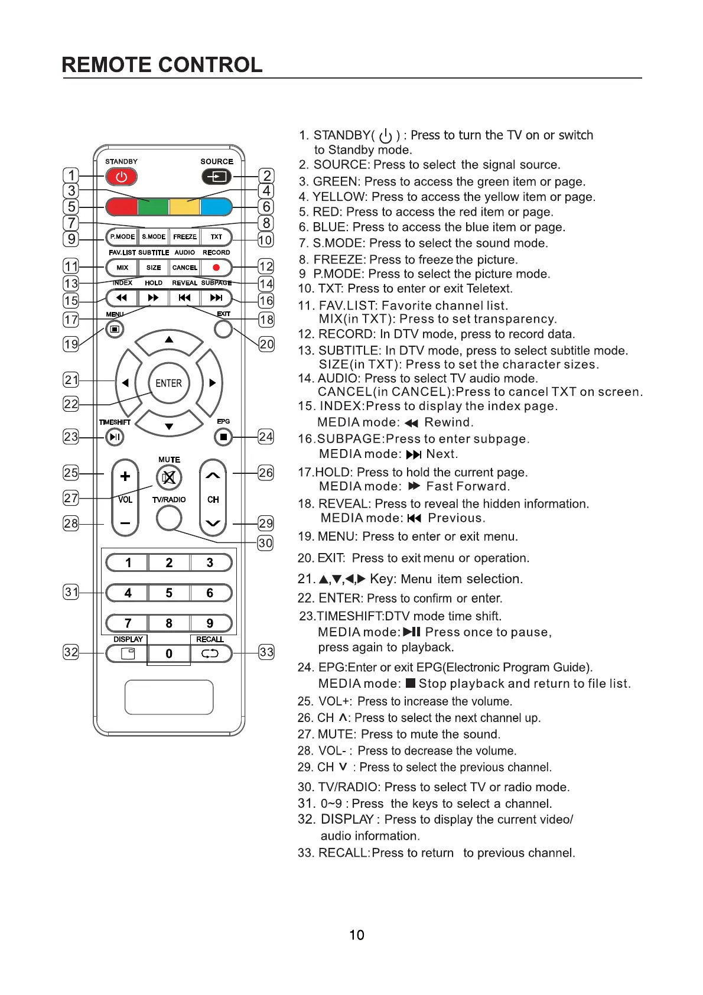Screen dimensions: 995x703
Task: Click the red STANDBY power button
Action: (121, 177)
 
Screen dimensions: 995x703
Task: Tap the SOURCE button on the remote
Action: (217, 177)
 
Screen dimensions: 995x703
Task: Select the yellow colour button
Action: (184, 207)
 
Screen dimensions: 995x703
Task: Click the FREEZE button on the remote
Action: (185, 237)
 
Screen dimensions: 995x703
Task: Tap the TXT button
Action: (216, 237)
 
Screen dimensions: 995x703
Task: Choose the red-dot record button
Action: (216, 268)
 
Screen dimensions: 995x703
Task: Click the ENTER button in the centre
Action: (169, 383)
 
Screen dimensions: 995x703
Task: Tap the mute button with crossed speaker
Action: (169, 477)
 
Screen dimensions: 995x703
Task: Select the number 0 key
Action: (169, 653)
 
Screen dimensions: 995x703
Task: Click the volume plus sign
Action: (125, 476)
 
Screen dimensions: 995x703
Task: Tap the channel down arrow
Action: (213, 523)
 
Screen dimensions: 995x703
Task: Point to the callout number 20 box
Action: (266, 344)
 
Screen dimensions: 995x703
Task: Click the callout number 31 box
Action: (71, 591)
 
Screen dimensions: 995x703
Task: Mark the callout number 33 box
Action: (266, 652)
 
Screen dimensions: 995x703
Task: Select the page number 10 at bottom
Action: (357, 935)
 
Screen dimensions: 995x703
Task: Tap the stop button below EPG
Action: (223, 437)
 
